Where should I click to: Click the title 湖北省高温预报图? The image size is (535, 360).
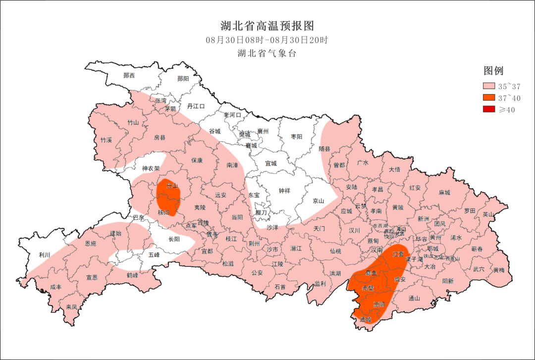pos(267,26)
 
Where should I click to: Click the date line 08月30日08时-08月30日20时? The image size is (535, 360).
pos(267,40)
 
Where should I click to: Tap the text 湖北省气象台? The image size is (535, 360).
pos(267,53)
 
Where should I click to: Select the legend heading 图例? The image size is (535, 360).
pos(493,71)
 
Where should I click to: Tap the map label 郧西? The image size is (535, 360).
pos(129,76)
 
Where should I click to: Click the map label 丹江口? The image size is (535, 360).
pos(196,106)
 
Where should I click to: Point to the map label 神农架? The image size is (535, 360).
pos(151,169)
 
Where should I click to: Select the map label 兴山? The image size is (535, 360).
pos(172,186)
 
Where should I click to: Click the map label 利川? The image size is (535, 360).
pos(45,255)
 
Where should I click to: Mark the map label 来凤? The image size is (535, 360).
pos(72,307)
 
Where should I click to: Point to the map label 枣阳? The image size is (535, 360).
pos(297,137)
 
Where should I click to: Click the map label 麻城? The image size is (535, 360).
pos(444,193)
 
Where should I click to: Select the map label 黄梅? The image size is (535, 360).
pos(499,270)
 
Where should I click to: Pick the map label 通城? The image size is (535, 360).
pos(366,319)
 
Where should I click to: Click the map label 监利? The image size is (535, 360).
pos(320,284)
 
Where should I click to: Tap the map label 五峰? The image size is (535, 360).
pos(154,255)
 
